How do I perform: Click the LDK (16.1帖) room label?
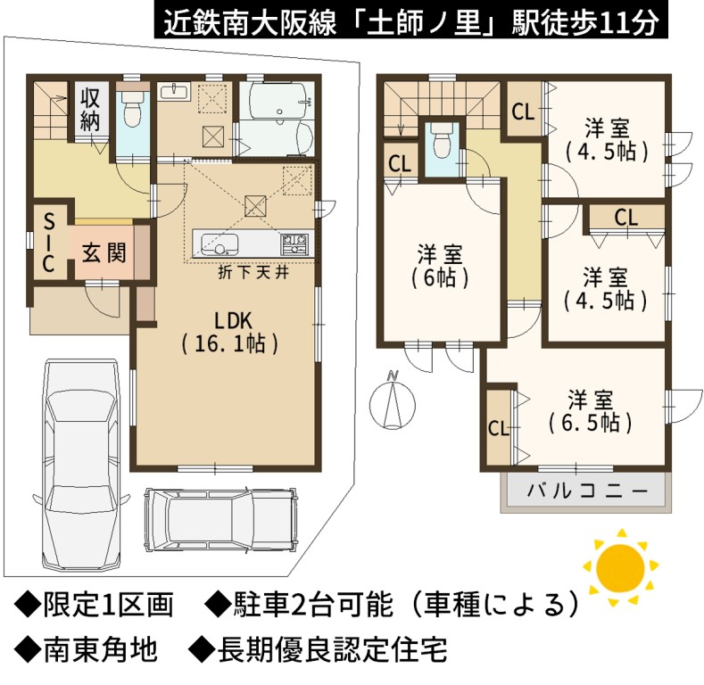coord(230,332)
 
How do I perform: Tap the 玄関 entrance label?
coord(104,253)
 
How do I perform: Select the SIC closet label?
coord(48,243)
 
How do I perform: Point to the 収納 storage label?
coord(90,109)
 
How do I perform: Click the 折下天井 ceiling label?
coord(253,272)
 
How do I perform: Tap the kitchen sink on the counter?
coord(219,244)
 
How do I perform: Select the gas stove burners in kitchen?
coord(294,244)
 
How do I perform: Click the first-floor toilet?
coord(132,111)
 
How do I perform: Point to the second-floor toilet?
coord(440,140)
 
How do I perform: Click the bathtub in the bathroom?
coord(274,100)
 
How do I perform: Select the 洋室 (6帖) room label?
coord(440,266)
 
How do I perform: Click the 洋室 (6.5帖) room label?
coord(591,411)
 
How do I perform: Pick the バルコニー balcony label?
coord(587,491)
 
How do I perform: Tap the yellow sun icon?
coord(621,569)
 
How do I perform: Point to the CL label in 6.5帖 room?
coord(499,429)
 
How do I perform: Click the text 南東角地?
coord(100,649)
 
